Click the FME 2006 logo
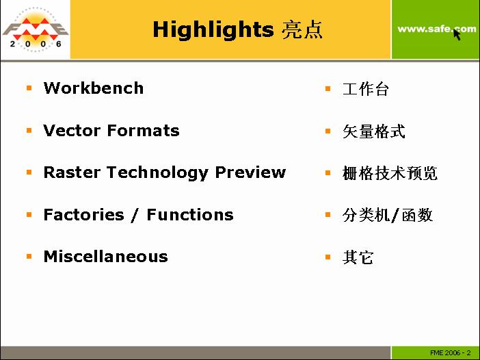pos(35,29)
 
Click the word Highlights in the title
pos(213,30)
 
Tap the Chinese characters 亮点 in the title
pos(302,29)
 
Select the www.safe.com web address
pos(437,29)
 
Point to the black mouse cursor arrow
pos(457,35)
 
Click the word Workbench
pos(94,88)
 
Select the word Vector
pos(72,131)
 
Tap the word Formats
pos(144,131)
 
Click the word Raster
pos(72,172)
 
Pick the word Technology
pos(158,173)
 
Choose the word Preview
pos(250,172)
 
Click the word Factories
pos(84,214)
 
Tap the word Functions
pos(190,214)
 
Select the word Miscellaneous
pos(106,257)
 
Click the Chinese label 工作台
pos(366,89)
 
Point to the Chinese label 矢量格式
pos(374,131)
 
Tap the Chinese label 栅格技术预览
pos(390,173)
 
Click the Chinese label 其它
pos(358,257)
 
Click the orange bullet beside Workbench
pos(29,88)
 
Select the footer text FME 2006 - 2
pos(451,353)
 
